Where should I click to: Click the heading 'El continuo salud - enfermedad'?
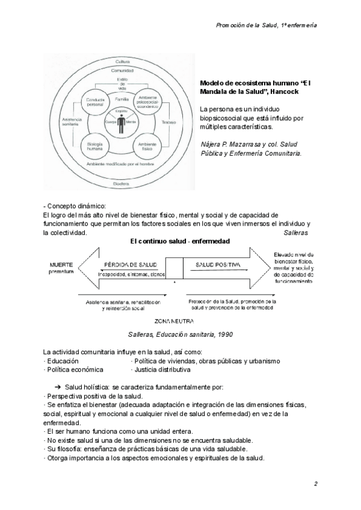click(180, 241)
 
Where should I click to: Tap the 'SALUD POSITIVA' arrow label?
click(218, 264)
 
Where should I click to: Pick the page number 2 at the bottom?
click(315, 484)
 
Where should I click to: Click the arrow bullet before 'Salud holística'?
click(58, 388)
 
